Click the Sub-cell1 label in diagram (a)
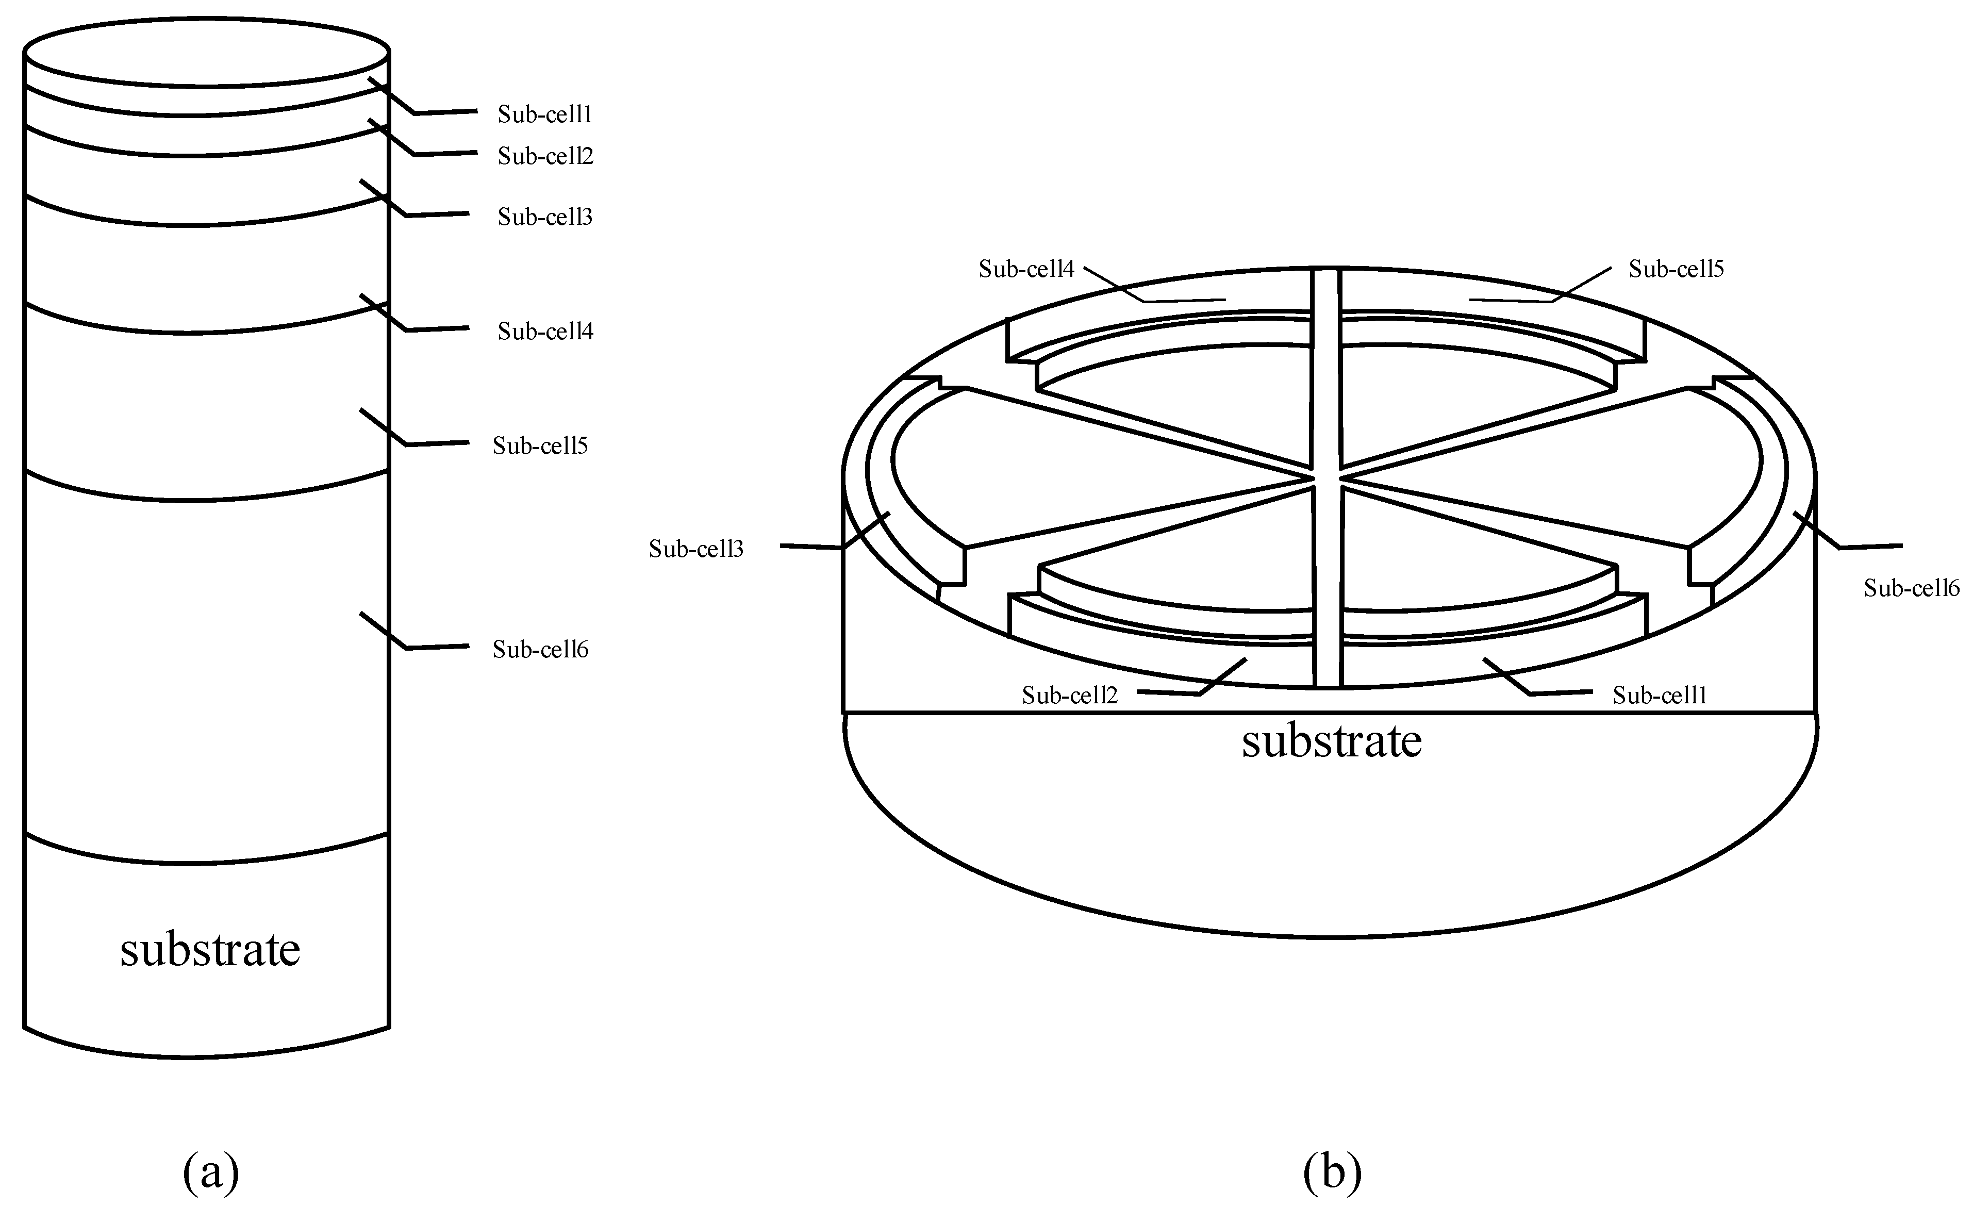(544, 114)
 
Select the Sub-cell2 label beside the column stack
(544, 156)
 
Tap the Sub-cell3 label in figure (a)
(544, 217)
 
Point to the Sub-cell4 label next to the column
(544, 332)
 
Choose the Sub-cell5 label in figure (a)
(540, 446)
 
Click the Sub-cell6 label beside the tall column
(540, 650)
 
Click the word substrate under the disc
(1331, 741)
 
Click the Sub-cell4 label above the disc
(1026, 269)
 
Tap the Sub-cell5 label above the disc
(1675, 269)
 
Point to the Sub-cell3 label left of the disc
(696, 549)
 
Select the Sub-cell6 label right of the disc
(1911, 589)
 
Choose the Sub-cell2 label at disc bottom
(1069, 695)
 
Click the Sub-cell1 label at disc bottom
(1659, 695)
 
